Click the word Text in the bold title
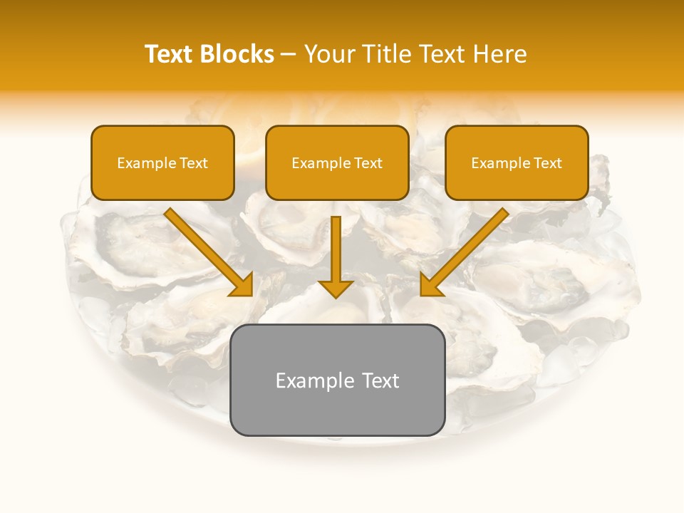point(170,54)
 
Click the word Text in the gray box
point(380,380)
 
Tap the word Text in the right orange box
point(548,163)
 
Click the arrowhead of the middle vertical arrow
point(336,289)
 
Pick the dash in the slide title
point(289,55)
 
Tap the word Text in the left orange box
point(194,163)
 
